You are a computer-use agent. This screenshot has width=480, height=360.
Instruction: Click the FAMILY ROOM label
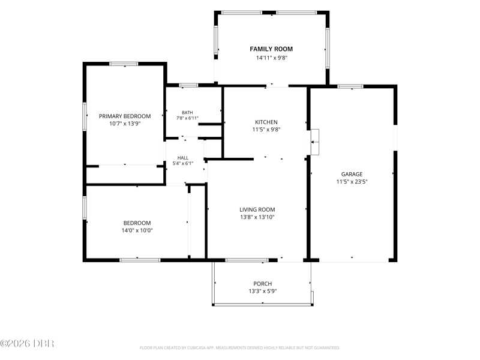point(271,49)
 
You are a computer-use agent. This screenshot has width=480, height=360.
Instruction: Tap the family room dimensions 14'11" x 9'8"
point(272,58)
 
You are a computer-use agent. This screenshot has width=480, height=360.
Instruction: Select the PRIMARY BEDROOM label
point(125,116)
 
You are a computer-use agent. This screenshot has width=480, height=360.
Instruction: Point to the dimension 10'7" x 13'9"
point(125,124)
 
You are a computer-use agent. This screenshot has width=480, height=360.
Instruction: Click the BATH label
point(187,113)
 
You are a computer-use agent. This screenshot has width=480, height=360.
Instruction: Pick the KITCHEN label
point(266,122)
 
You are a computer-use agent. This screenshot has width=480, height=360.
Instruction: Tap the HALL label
point(183,158)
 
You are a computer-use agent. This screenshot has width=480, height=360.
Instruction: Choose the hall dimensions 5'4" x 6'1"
point(183,163)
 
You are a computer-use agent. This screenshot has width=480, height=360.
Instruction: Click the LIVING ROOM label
point(257,209)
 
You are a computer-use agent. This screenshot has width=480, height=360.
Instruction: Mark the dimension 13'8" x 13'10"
point(257,217)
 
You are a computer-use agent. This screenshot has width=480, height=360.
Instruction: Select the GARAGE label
point(352,174)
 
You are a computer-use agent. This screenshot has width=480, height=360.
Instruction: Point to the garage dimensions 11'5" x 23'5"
point(352,182)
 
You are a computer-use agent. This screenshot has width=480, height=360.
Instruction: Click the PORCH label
point(263,284)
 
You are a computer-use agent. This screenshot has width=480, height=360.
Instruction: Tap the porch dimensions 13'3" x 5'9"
point(263,291)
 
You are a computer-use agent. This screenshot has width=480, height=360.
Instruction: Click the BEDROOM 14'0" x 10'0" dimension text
point(137,230)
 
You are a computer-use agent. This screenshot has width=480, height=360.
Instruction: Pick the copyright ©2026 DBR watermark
point(27,343)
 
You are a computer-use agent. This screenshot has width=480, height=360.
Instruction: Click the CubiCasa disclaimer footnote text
point(240,348)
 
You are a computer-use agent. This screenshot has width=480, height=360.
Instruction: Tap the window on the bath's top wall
point(188,85)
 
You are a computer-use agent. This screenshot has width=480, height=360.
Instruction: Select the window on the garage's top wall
point(350,86)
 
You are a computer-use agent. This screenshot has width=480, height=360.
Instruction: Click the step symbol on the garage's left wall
point(314,142)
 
